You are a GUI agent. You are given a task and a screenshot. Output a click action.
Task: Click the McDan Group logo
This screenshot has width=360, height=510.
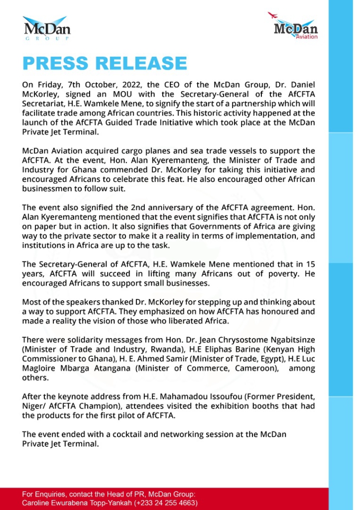click(x=47, y=29)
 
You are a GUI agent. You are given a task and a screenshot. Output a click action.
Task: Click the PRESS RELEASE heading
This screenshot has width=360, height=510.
click(x=105, y=64)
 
